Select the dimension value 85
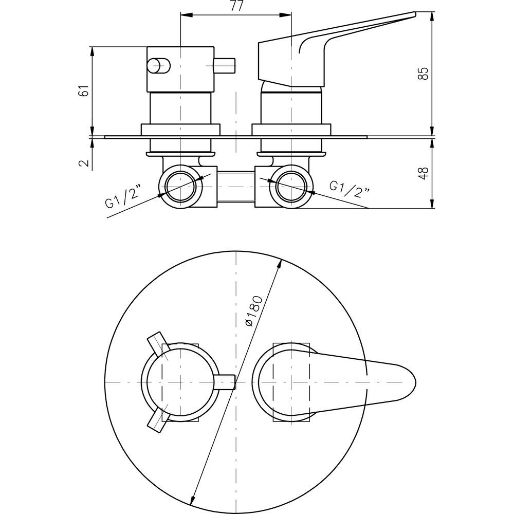pyautogui.click(x=424, y=73)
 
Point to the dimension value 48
pyautogui.click(x=424, y=173)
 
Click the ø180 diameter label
pyautogui.click(x=254, y=311)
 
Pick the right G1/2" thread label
pyautogui.click(x=350, y=190)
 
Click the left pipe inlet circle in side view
pyautogui.click(x=180, y=186)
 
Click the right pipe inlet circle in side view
pyautogui.click(x=291, y=186)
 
